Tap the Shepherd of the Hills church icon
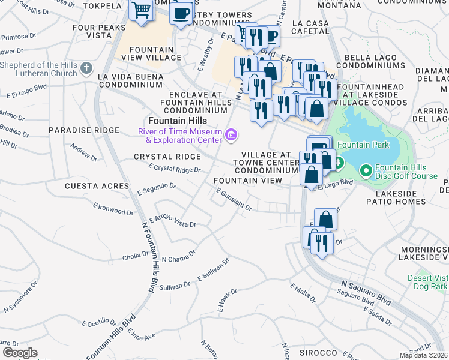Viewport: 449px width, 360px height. coord(86,69)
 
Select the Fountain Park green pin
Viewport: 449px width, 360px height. coord(337,163)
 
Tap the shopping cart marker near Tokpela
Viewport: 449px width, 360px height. coord(140,10)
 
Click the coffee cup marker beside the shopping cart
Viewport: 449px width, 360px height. coord(181,13)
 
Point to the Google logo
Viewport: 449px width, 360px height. coord(20,353)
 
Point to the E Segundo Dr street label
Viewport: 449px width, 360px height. coord(156,189)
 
